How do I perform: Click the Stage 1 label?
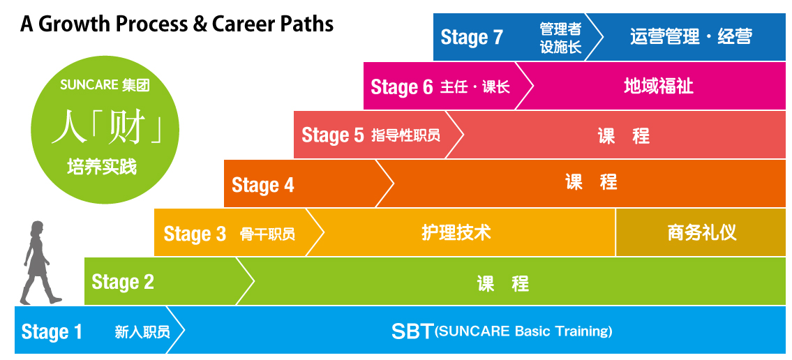52,331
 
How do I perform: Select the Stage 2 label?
123,282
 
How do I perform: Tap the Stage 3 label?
195,234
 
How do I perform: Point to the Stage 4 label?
262,186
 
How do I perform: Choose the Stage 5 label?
333,135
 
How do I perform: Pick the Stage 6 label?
402,87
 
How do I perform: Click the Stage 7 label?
472,38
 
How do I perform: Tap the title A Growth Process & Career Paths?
177,24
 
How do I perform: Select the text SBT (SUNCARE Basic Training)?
502,331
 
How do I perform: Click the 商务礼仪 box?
701,233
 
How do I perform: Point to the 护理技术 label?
456,233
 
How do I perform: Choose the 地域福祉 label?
659,87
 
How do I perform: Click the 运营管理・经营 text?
691,37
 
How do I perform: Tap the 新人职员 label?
142,332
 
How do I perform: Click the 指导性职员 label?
405,135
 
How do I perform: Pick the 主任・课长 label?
475,87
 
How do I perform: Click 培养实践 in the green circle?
102,167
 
